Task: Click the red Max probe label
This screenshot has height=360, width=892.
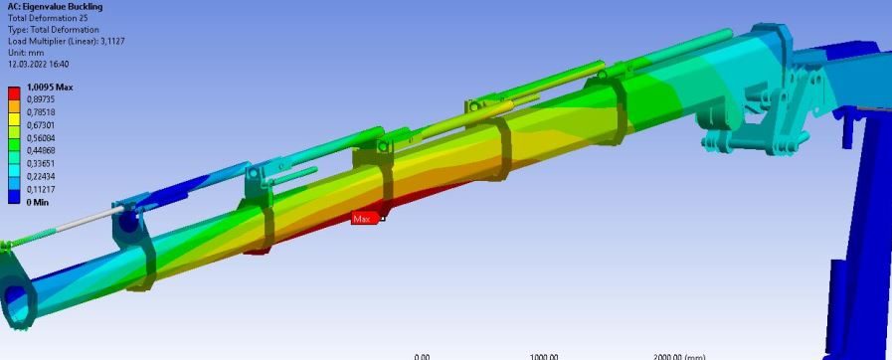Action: (365, 219)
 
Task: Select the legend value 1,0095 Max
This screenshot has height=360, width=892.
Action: (50, 88)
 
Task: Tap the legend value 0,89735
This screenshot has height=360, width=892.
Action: (41, 99)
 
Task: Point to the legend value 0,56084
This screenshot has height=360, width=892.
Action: (41, 138)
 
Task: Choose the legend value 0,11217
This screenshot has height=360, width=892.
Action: (41, 189)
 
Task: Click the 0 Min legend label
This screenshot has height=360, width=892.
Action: (39, 203)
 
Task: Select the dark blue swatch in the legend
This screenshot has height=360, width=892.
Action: (14, 196)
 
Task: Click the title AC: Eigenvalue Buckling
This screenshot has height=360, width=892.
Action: (55, 7)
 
